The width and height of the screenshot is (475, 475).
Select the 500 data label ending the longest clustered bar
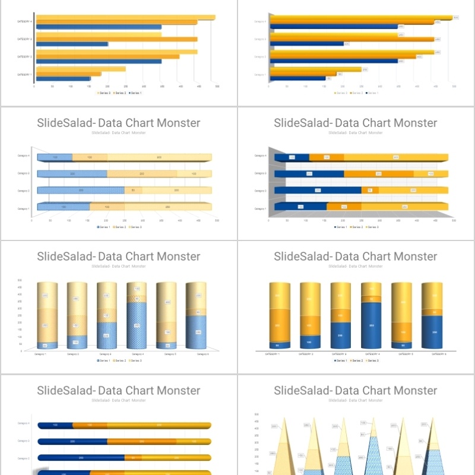(x=456, y=18)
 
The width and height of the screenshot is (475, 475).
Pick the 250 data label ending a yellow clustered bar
(x=365, y=69)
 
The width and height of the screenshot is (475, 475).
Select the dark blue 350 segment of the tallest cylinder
(x=371, y=325)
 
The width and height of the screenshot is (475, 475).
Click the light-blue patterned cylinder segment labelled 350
(x=137, y=325)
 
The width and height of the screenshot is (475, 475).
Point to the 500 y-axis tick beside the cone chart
(x=256, y=414)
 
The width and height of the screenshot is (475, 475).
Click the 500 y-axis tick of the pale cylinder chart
(x=20, y=280)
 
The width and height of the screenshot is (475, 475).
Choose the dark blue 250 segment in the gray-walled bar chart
(x=318, y=190)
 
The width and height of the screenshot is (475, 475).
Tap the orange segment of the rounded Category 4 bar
(x=90, y=425)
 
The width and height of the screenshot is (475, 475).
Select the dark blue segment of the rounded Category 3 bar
(x=81, y=458)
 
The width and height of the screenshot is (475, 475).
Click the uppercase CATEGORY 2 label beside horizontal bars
(x=24, y=57)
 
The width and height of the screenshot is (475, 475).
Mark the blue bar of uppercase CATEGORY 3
(x=72, y=44)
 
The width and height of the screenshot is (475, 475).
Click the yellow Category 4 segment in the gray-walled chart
(x=395, y=157)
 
